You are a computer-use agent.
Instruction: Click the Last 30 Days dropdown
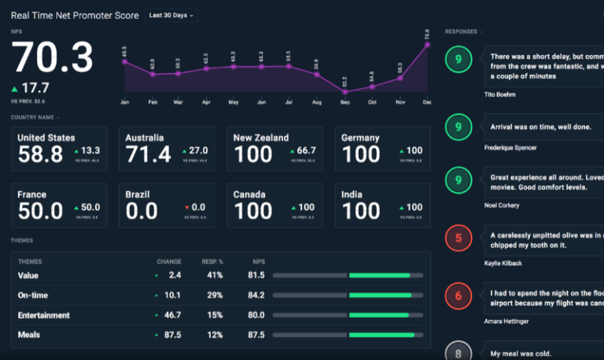(x=171, y=16)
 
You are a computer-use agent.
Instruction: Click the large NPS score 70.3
(x=53, y=58)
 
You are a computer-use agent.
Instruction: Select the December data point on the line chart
(x=427, y=45)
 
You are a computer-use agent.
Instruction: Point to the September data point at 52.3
(x=344, y=91)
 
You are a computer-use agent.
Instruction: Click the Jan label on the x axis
(x=124, y=102)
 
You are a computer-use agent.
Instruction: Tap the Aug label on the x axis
(x=316, y=102)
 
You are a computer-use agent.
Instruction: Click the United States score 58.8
(x=40, y=154)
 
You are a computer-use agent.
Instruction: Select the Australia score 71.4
(x=148, y=154)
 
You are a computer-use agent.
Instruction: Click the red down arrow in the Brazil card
(x=186, y=208)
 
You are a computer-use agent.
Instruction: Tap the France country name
(x=32, y=194)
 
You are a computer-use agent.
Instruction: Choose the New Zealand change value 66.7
(x=306, y=150)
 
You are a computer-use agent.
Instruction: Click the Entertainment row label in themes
(x=44, y=315)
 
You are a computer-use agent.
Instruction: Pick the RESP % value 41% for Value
(x=215, y=275)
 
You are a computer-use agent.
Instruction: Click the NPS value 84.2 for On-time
(x=256, y=296)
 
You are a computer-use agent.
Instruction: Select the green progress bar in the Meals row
(x=381, y=335)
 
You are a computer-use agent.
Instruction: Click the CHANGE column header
(x=169, y=262)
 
